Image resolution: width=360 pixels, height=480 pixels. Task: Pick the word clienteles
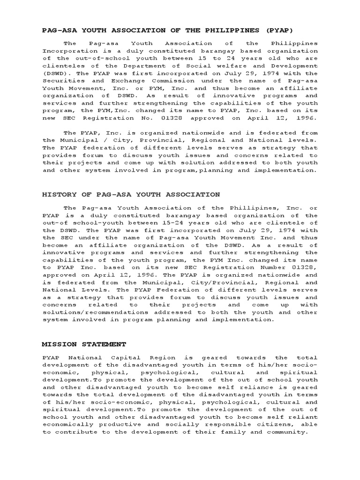(61, 66)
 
